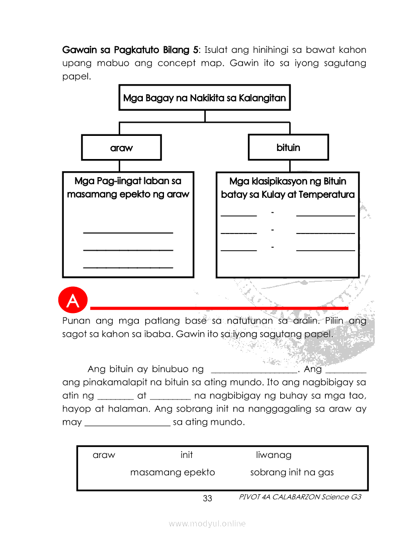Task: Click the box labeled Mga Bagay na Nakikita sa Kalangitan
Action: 204,98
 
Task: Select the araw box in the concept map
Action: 121,147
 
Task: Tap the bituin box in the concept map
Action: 288,147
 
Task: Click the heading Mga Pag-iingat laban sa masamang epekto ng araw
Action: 128,187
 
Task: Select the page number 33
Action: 207,498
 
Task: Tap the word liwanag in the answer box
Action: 274,455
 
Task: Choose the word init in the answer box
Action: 187,455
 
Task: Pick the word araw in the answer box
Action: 104,455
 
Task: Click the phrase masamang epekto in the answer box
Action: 173,472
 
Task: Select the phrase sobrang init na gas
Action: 292,472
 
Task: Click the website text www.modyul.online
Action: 207,523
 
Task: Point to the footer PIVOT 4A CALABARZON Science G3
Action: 300,497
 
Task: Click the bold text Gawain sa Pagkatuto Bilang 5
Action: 130,50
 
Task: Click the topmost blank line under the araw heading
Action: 128,232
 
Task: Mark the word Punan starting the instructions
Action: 75,321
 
